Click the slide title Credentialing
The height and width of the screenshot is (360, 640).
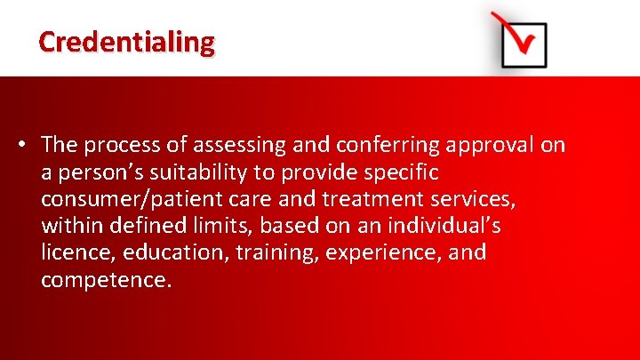[x=126, y=42]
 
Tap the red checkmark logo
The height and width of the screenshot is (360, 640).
[x=522, y=41]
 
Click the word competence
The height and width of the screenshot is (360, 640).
[x=106, y=280]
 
